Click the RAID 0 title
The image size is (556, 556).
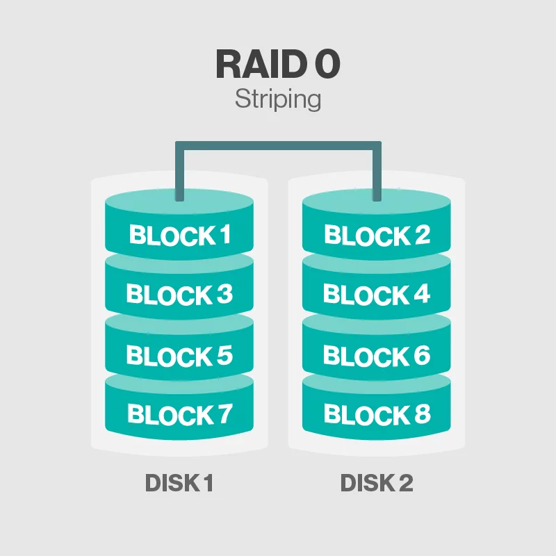click(x=278, y=64)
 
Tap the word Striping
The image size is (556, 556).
click(x=278, y=99)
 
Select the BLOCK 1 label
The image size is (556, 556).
click(x=180, y=235)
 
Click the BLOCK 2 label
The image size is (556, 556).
click(x=377, y=235)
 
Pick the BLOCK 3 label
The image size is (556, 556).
click(x=179, y=294)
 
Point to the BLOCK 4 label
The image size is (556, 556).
click(x=377, y=294)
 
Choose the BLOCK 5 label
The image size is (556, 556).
click(x=179, y=355)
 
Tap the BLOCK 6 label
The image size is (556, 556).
click(x=377, y=355)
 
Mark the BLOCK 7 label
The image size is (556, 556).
click(x=180, y=414)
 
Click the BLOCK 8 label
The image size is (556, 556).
click(x=377, y=414)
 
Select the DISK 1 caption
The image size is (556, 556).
click(x=179, y=482)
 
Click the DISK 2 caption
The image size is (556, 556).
click(x=377, y=482)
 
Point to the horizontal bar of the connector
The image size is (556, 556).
click(x=279, y=146)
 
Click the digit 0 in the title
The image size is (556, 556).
click(x=327, y=64)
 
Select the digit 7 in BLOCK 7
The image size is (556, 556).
click(x=224, y=414)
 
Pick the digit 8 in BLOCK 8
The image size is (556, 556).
click(x=423, y=414)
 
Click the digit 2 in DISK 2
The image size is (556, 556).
click(x=407, y=482)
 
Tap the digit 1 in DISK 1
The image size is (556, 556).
click(x=208, y=482)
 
